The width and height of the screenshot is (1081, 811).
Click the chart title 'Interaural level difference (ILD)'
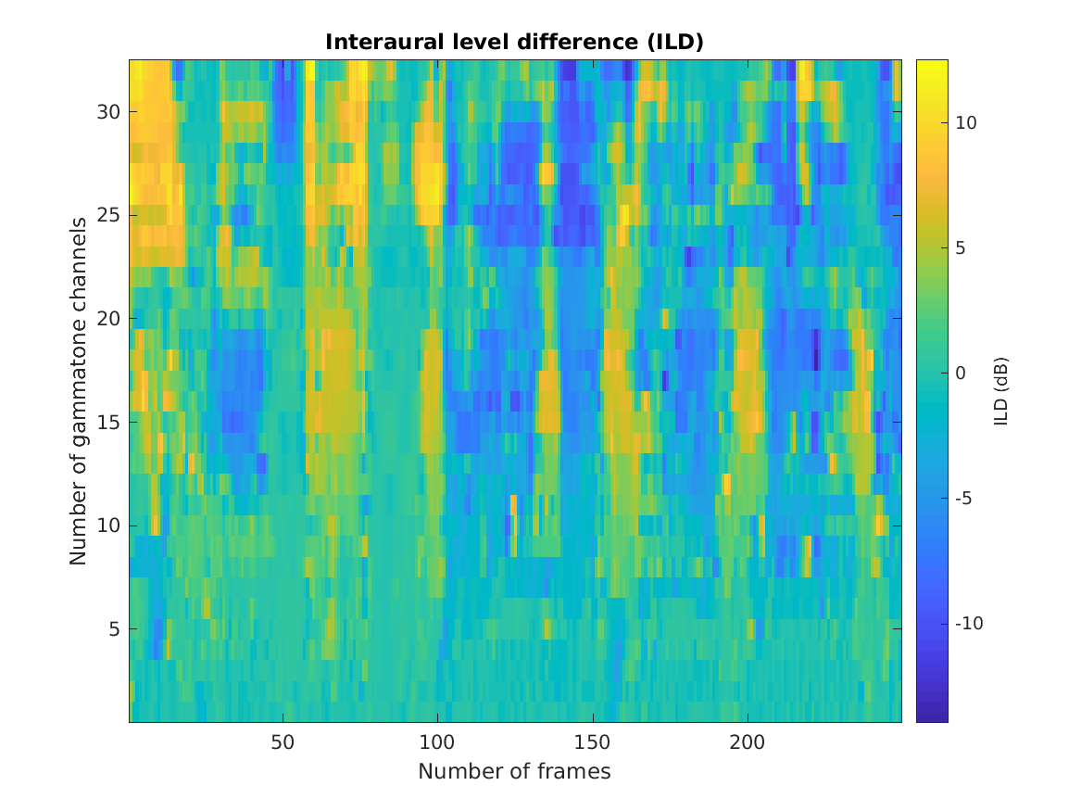tap(514, 42)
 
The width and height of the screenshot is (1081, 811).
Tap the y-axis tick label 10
tap(107, 526)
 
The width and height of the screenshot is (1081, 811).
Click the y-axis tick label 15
tap(107, 422)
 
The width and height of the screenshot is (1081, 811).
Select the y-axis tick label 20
tap(107, 318)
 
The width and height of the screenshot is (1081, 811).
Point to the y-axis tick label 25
tap(107, 215)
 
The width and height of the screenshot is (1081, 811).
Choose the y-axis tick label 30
tap(107, 111)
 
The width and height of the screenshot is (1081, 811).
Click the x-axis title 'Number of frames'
tap(514, 771)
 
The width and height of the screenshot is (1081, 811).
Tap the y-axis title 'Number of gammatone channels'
tap(79, 391)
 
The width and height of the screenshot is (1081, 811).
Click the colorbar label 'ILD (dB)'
tap(1000, 391)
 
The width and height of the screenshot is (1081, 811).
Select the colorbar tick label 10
tap(965, 123)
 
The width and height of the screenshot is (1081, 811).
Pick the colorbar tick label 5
tap(961, 248)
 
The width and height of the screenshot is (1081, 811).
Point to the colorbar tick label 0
tap(961, 374)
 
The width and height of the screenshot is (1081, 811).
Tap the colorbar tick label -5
tap(963, 499)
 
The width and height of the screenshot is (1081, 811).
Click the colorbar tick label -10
tap(967, 624)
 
